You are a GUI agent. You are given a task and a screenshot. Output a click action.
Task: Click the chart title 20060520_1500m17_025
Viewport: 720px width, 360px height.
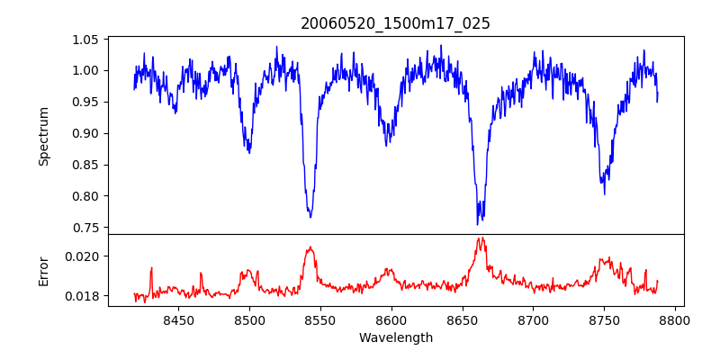click(x=395, y=23)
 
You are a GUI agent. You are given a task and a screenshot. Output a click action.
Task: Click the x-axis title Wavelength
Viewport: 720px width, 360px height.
click(x=395, y=338)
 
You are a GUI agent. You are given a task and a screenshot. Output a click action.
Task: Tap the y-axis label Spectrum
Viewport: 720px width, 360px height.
click(x=43, y=136)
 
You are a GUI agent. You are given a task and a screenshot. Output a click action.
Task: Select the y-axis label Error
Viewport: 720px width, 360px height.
click(x=43, y=271)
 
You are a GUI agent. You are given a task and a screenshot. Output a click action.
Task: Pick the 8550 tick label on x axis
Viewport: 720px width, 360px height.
click(x=320, y=320)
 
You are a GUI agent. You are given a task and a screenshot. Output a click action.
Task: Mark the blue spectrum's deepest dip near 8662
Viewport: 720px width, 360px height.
click(x=478, y=224)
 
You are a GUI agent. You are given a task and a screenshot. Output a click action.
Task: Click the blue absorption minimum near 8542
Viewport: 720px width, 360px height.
click(x=310, y=217)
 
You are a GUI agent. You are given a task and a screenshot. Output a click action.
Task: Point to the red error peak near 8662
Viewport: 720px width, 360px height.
click(x=481, y=238)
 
